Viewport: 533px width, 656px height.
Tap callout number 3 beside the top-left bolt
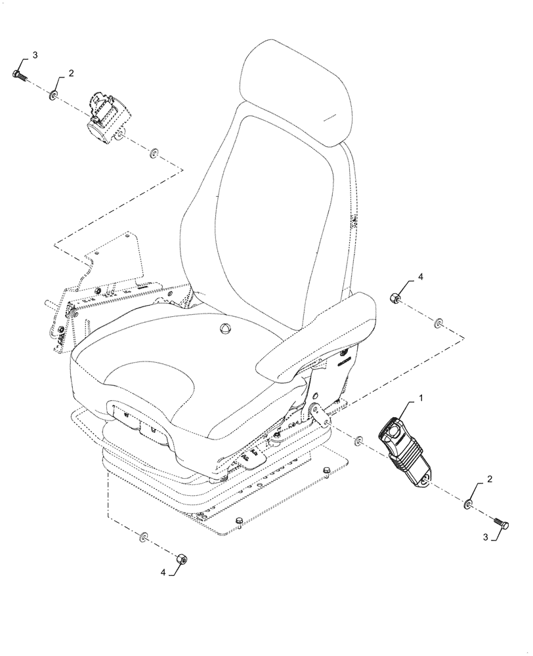(x=35, y=55)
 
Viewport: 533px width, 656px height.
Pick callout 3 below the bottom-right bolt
(x=486, y=537)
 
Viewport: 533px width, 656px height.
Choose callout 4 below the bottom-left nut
(x=163, y=572)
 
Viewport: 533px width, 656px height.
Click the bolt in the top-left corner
(x=18, y=74)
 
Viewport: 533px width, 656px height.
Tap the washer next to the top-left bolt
(x=52, y=96)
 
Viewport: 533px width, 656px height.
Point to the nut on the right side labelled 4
(x=396, y=298)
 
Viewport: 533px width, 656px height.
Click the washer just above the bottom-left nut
(x=144, y=538)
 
